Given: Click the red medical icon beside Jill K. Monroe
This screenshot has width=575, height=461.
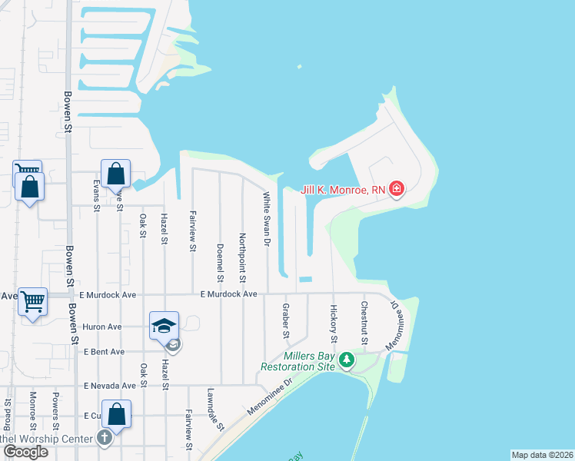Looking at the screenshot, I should [x=397, y=189].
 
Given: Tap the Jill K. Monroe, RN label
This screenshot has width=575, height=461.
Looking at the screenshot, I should [x=338, y=189].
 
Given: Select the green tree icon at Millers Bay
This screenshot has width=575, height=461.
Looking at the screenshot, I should [x=347, y=360].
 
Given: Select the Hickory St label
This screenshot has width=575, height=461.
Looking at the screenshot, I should [x=334, y=323].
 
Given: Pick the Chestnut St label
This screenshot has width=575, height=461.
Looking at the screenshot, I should [x=364, y=323].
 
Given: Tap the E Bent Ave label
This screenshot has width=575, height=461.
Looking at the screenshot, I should [x=105, y=352].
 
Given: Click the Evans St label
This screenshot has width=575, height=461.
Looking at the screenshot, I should [x=96, y=196].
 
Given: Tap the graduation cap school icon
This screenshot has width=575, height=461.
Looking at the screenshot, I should [x=165, y=326].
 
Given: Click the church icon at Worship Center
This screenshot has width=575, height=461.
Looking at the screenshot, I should [x=105, y=439].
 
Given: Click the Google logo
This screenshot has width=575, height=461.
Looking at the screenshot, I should [x=25, y=451].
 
